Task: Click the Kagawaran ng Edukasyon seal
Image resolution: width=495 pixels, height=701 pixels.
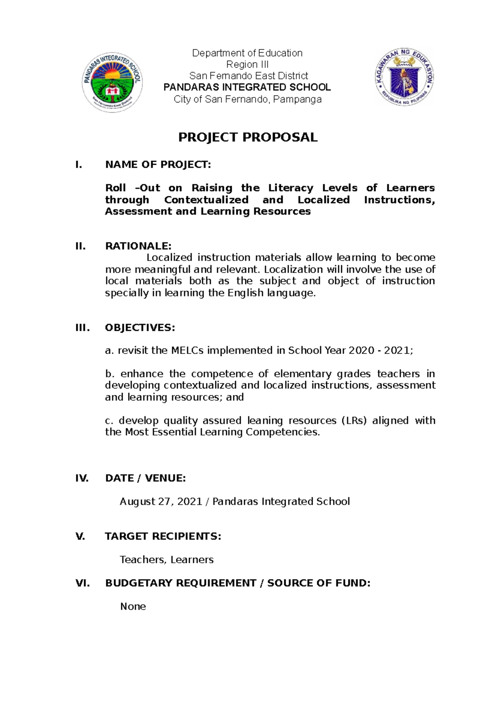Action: click(404, 77)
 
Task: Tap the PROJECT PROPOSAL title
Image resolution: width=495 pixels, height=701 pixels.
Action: click(247, 137)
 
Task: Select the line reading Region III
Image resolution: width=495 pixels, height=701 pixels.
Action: click(247, 64)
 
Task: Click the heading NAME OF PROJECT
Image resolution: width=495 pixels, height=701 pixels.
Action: click(158, 165)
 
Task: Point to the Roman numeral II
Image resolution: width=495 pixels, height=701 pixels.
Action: click(80, 246)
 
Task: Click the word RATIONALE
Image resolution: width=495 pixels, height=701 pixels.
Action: click(138, 246)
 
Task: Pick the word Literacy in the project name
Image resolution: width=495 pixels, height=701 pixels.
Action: click(291, 188)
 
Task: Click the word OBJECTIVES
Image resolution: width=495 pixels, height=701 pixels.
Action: click(140, 328)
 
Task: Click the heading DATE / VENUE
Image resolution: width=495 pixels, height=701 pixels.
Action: click(145, 478)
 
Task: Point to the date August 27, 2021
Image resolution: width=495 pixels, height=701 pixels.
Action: click(161, 502)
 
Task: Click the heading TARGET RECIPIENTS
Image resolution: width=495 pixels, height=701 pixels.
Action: click(163, 537)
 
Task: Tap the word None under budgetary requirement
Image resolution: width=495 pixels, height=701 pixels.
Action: click(133, 606)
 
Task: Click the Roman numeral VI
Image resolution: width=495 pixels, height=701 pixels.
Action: click(82, 583)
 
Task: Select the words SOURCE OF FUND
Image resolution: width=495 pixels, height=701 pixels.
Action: click(318, 583)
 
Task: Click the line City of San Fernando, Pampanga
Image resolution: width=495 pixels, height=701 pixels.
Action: click(247, 99)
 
